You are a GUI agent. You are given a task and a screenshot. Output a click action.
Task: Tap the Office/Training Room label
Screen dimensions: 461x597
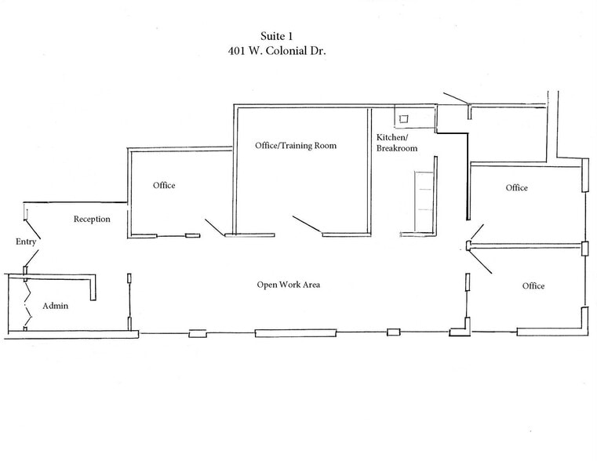click(296, 146)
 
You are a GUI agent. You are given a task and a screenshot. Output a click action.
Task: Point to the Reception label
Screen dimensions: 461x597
click(92, 220)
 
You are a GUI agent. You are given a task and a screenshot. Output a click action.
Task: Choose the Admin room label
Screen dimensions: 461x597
click(55, 305)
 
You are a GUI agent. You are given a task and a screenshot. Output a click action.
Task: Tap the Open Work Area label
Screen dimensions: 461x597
click(288, 284)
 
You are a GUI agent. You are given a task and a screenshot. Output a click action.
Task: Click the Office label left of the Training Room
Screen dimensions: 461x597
click(164, 186)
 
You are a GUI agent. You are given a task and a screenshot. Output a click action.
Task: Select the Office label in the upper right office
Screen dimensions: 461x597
click(516, 188)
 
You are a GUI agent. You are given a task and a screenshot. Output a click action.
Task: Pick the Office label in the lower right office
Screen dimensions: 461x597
click(533, 286)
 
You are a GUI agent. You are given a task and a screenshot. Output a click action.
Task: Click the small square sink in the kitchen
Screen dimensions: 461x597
click(404, 119)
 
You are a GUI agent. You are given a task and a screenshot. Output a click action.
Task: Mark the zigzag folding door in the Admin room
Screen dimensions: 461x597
click(29, 302)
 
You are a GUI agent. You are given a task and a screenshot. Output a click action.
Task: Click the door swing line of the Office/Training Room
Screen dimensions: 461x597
click(307, 224)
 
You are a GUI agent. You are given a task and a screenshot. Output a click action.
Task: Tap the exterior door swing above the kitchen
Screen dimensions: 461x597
click(454, 99)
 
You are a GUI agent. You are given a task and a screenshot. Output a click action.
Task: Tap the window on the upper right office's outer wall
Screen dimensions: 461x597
click(584, 176)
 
